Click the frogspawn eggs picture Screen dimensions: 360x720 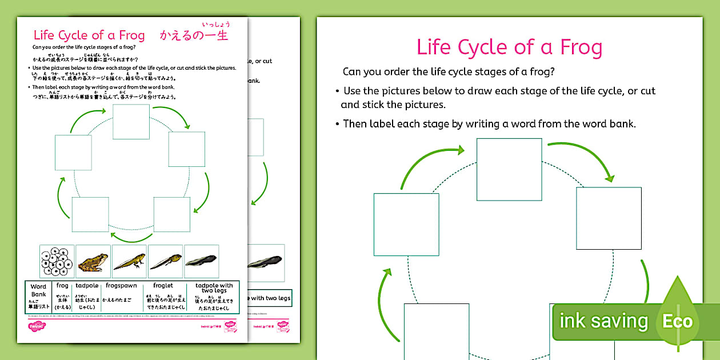57,262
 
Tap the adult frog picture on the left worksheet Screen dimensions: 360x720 93,262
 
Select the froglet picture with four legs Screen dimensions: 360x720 129,262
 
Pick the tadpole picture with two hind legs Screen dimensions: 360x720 166,262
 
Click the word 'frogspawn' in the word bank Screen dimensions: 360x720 118,285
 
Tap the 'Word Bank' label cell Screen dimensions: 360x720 39,290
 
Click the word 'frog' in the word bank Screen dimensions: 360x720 62,285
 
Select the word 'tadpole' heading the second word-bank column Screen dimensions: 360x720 87,285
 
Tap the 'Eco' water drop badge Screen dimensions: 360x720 678,320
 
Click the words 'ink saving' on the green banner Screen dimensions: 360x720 603,321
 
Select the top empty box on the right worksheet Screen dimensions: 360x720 509,170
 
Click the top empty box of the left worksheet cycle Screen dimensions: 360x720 131,122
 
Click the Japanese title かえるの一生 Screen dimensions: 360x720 194,35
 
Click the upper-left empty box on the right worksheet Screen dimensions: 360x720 406,225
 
